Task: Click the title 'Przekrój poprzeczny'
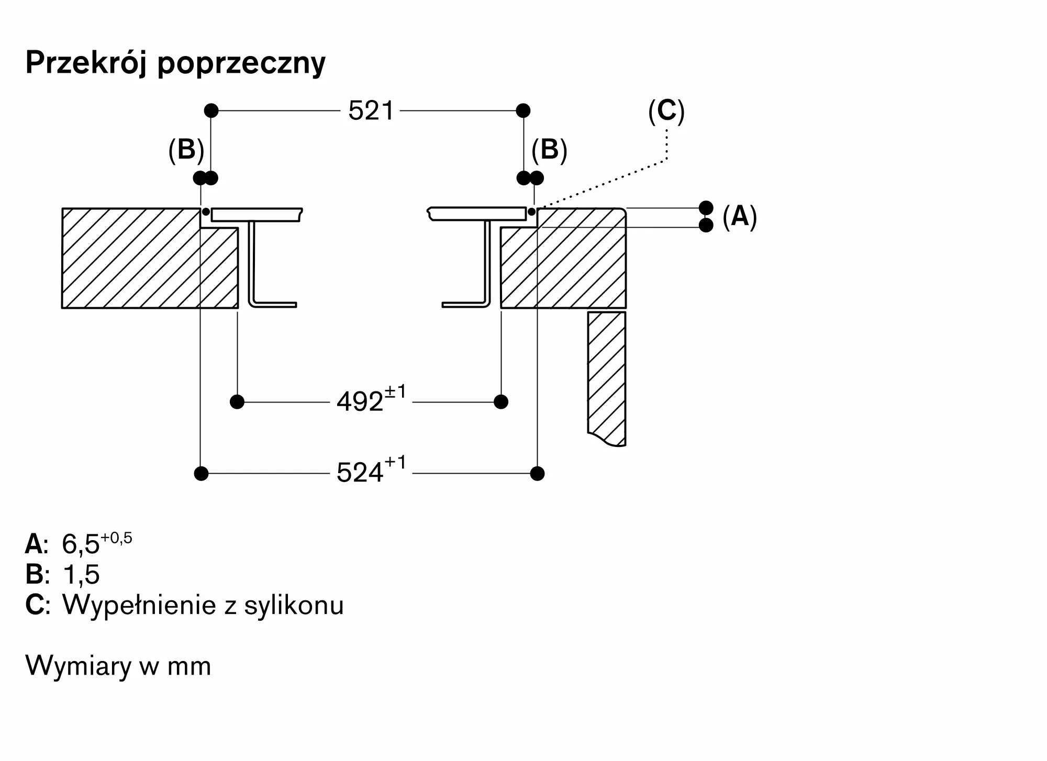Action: [175, 63]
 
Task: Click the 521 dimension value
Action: [371, 111]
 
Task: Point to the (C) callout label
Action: [666, 111]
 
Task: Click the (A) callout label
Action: [740, 216]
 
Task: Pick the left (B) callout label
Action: [186, 150]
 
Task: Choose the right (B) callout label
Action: [549, 150]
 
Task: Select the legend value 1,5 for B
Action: [81, 575]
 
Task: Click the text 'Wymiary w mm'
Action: [118, 666]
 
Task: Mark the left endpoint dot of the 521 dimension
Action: [211, 110]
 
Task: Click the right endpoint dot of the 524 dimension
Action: [537, 474]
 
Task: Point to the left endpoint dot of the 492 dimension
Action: [237, 402]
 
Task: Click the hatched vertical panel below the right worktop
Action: [607, 378]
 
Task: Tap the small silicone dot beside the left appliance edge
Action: [206, 212]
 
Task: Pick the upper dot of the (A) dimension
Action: [706, 208]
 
